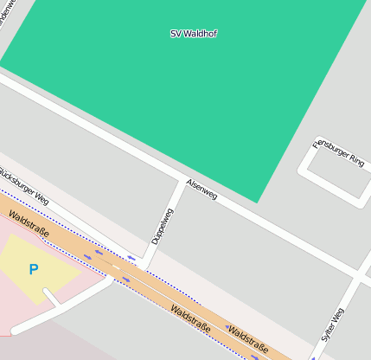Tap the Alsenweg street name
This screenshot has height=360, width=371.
pyautogui.click(x=202, y=190)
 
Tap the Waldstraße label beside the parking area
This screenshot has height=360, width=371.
pyautogui.click(x=28, y=224)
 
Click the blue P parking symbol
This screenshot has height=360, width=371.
pyautogui.click(x=34, y=270)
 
